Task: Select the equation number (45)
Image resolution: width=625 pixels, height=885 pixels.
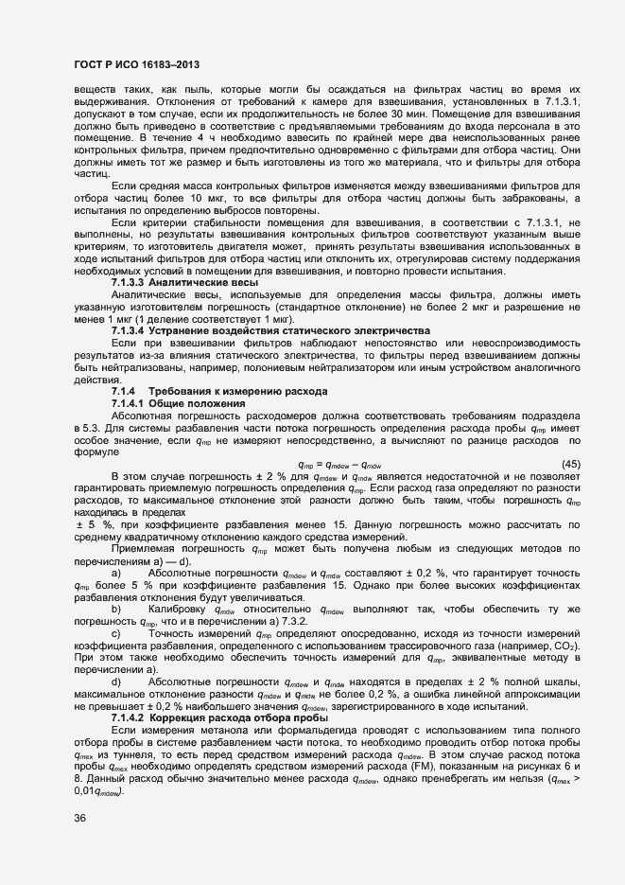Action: point(571,437)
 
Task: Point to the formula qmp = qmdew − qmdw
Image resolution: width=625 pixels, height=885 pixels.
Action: point(339,438)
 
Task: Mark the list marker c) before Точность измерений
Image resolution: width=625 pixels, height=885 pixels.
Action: point(116,618)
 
